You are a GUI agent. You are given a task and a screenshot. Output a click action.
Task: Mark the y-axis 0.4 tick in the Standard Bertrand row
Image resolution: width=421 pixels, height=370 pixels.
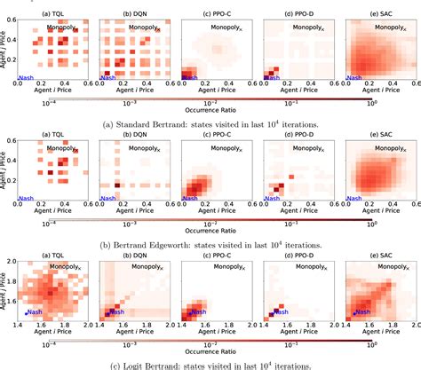coord(11,42)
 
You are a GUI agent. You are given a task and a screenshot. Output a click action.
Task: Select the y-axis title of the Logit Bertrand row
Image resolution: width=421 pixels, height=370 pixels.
coord(4,294)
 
